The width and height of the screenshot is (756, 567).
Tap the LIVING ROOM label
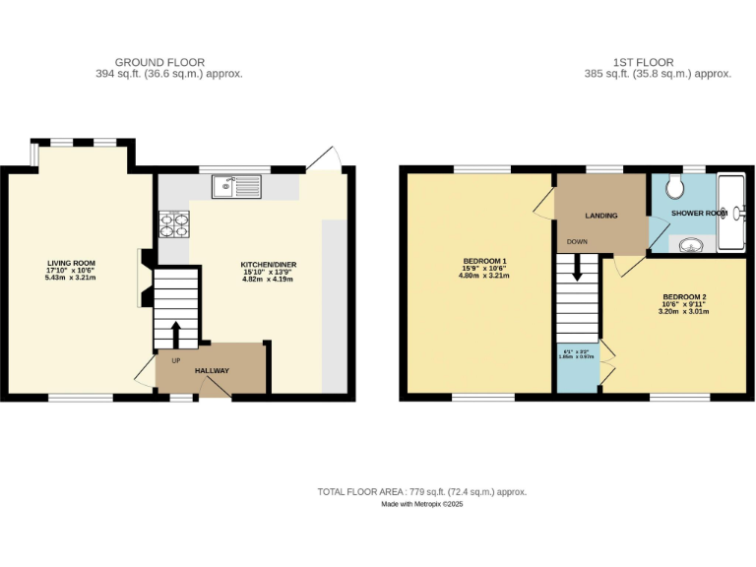(x=71, y=263)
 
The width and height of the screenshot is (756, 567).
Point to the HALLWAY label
(x=212, y=370)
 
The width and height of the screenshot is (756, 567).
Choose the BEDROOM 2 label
(x=684, y=297)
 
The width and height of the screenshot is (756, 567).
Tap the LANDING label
(x=600, y=215)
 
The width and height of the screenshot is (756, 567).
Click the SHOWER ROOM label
(x=699, y=213)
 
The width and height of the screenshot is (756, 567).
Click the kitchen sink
(x=235, y=185)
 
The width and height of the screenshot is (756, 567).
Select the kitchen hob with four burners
(x=173, y=224)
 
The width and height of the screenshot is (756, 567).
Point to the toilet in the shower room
(x=676, y=187)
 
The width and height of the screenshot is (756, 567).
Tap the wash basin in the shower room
(x=693, y=244)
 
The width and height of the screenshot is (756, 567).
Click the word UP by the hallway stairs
(x=176, y=360)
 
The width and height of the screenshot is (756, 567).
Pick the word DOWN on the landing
(x=577, y=241)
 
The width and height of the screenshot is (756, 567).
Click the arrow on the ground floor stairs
(x=176, y=334)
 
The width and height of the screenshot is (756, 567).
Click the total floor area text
(x=422, y=491)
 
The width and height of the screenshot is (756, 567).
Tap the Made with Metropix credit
(x=422, y=504)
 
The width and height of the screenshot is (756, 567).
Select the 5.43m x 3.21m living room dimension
(x=71, y=279)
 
